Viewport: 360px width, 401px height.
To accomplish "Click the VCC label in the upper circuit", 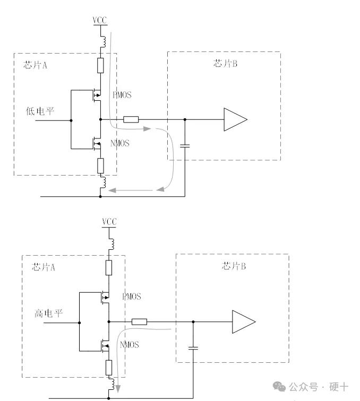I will [x=100, y=20].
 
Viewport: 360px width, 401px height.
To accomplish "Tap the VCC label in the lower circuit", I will [x=109, y=221].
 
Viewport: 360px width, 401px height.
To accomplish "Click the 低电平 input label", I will [x=40, y=111].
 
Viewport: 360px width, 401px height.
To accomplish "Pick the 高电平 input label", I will [x=49, y=313].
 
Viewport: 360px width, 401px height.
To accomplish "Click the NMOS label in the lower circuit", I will [x=130, y=345].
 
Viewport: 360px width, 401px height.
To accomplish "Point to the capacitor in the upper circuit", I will [x=184, y=145].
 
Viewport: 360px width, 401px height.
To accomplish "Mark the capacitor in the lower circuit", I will [x=193, y=348].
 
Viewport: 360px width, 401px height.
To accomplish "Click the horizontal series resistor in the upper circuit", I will [x=131, y=119].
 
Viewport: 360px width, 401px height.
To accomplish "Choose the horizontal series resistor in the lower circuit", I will [x=140, y=321].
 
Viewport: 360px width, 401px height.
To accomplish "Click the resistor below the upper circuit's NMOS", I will [x=100, y=165].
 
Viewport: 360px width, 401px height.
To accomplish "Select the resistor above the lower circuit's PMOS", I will [x=109, y=267].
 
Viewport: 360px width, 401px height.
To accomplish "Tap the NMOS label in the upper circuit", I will [x=119, y=143].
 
